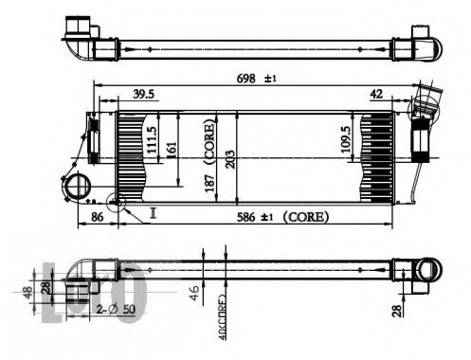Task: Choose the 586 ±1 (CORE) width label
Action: tap(282, 217)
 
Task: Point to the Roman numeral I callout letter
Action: tap(152, 214)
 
